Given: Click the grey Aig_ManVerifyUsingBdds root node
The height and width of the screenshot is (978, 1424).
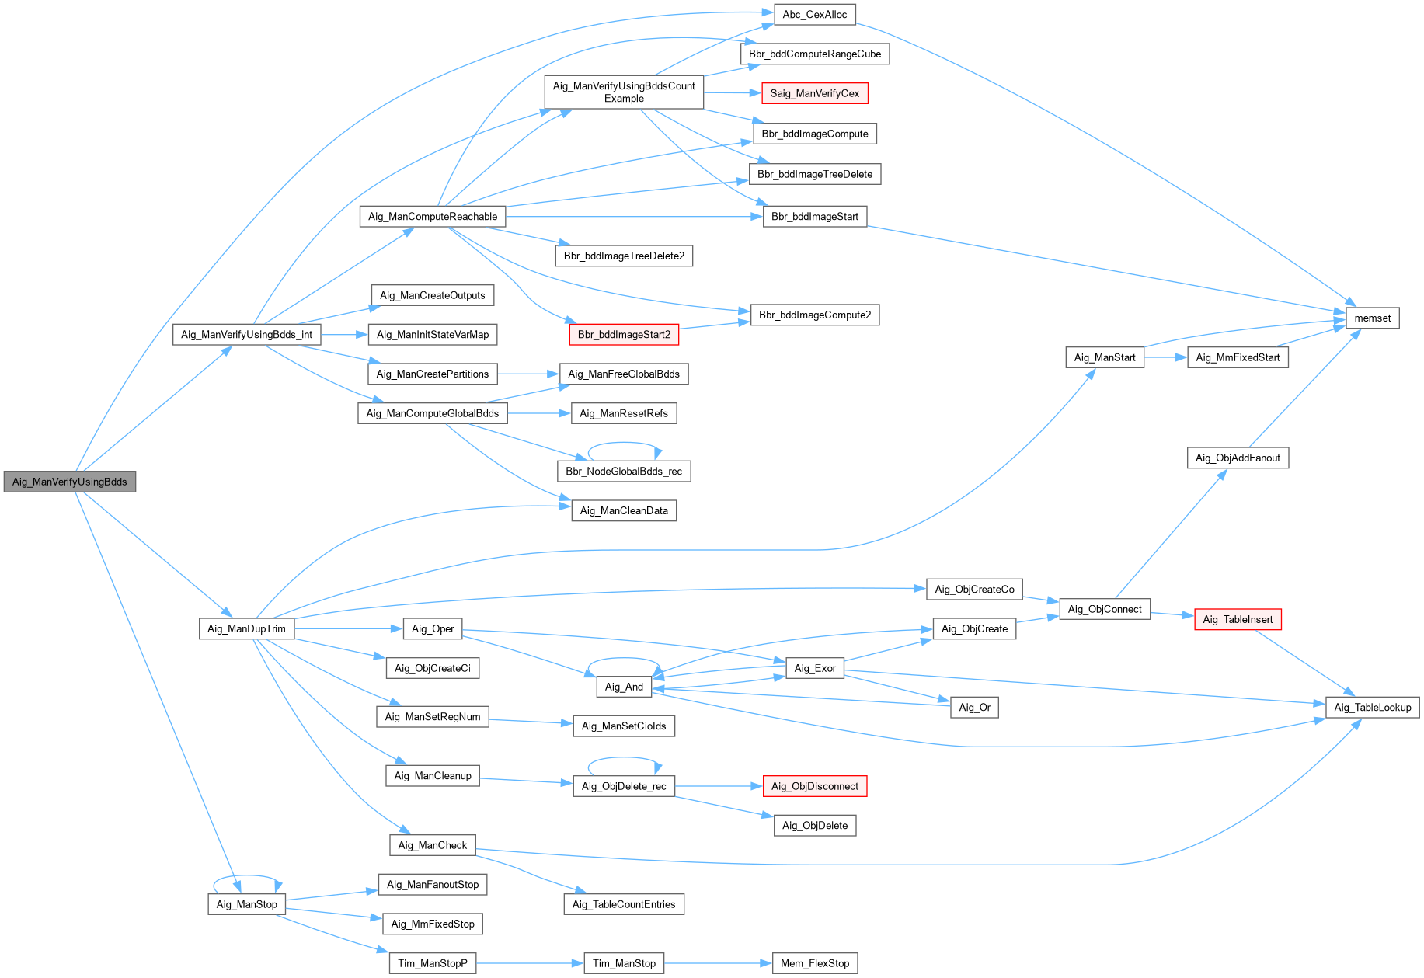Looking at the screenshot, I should click(70, 482).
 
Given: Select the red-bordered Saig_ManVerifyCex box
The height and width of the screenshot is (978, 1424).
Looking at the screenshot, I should click(814, 93).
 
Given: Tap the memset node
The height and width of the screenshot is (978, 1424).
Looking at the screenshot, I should click(1372, 318).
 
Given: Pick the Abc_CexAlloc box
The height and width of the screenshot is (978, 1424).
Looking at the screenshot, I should click(814, 14).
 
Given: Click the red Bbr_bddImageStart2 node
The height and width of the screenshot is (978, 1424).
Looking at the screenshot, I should click(624, 335).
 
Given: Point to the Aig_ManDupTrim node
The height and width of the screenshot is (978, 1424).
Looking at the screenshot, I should click(246, 628).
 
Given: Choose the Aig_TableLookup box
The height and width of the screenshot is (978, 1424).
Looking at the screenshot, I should click(1372, 707).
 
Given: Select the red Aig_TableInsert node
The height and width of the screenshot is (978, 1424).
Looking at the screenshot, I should click(1238, 619).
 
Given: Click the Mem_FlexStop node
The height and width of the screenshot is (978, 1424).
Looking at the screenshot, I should click(815, 963).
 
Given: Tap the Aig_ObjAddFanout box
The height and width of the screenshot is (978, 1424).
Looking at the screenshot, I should click(1238, 458).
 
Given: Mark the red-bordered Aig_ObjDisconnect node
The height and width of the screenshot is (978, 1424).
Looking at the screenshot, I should click(814, 786).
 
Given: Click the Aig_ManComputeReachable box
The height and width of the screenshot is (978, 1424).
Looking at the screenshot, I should click(433, 216).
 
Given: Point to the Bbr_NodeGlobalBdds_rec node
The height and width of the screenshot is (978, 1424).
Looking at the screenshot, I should click(624, 471).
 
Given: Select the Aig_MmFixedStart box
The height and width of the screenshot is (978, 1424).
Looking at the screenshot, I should click(1238, 357).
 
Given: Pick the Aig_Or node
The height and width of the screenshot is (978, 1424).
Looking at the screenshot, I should click(974, 707).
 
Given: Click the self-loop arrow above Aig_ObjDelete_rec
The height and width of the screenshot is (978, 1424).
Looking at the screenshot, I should click(624, 758).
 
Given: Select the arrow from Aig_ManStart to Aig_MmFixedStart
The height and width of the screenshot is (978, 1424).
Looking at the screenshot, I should click(1165, 357).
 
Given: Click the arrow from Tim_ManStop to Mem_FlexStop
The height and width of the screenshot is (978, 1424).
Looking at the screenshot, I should click(718, 963).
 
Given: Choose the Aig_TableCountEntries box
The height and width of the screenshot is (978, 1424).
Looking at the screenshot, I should click(624, 904).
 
